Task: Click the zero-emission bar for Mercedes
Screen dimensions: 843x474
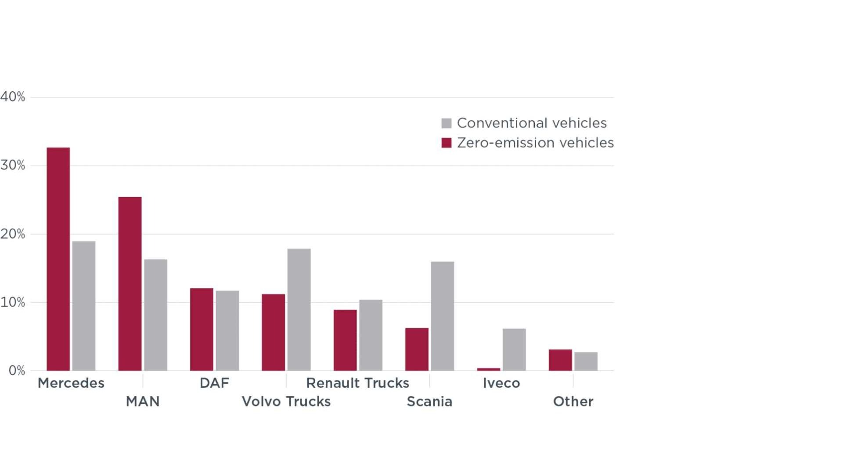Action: tap(58, 259)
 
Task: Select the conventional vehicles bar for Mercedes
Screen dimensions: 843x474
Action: tap(84, 306)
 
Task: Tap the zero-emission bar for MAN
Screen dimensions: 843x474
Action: tap(130, 284)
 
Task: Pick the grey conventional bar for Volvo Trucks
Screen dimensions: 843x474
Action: tap(299, 310)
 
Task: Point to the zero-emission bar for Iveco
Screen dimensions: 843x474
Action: tap(489, 370)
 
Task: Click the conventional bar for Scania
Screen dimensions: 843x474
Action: tap(443, 316)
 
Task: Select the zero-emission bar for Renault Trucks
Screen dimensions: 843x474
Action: tap(345, 340)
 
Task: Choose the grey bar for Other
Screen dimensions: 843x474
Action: tap(586, 362)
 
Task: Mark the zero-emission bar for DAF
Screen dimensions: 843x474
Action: tap(202, 330)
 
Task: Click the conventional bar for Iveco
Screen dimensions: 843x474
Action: tap(514, 350)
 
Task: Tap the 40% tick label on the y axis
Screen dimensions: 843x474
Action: tap(13, 97)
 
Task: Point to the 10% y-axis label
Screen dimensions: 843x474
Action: tap(13, 302)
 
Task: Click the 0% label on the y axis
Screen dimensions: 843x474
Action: tap(17, 371)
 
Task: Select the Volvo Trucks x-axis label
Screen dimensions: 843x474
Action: tap(286, 402)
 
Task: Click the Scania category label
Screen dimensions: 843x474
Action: tap(429, 402)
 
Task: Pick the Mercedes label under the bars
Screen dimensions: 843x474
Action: tap(71, 383)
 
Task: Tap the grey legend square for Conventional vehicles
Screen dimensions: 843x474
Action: tap(447, 123)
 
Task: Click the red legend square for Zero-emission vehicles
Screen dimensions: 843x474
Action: tap(447, 143)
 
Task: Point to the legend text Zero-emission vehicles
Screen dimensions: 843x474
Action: tap(535, 143)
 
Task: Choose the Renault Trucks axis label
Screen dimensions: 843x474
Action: tap(358, 383)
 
